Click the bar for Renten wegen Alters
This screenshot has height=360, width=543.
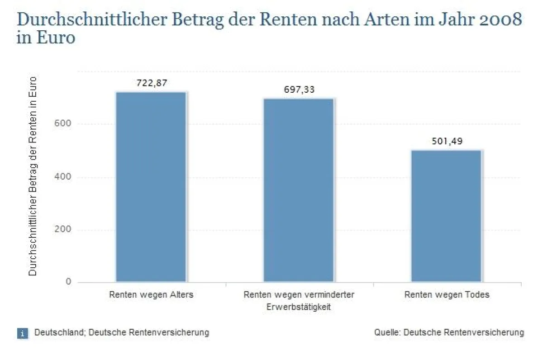(x=151, y=187)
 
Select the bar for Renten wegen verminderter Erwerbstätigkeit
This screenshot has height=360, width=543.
(x=299, y=190)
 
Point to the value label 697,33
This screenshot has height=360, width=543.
(x=299, y=90)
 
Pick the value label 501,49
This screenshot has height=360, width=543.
(x=447, y=141)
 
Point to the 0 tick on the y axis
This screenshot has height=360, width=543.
(x=68, y=282)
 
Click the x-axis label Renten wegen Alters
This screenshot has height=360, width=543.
(x=151, y=295)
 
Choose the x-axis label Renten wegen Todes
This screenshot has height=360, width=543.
(x=447, y=295)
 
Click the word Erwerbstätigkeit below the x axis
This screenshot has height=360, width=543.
(x=299, y=308)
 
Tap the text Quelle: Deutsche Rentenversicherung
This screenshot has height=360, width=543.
(x=449, y=333)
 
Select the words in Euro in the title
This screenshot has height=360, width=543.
(x=45, y=38)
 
